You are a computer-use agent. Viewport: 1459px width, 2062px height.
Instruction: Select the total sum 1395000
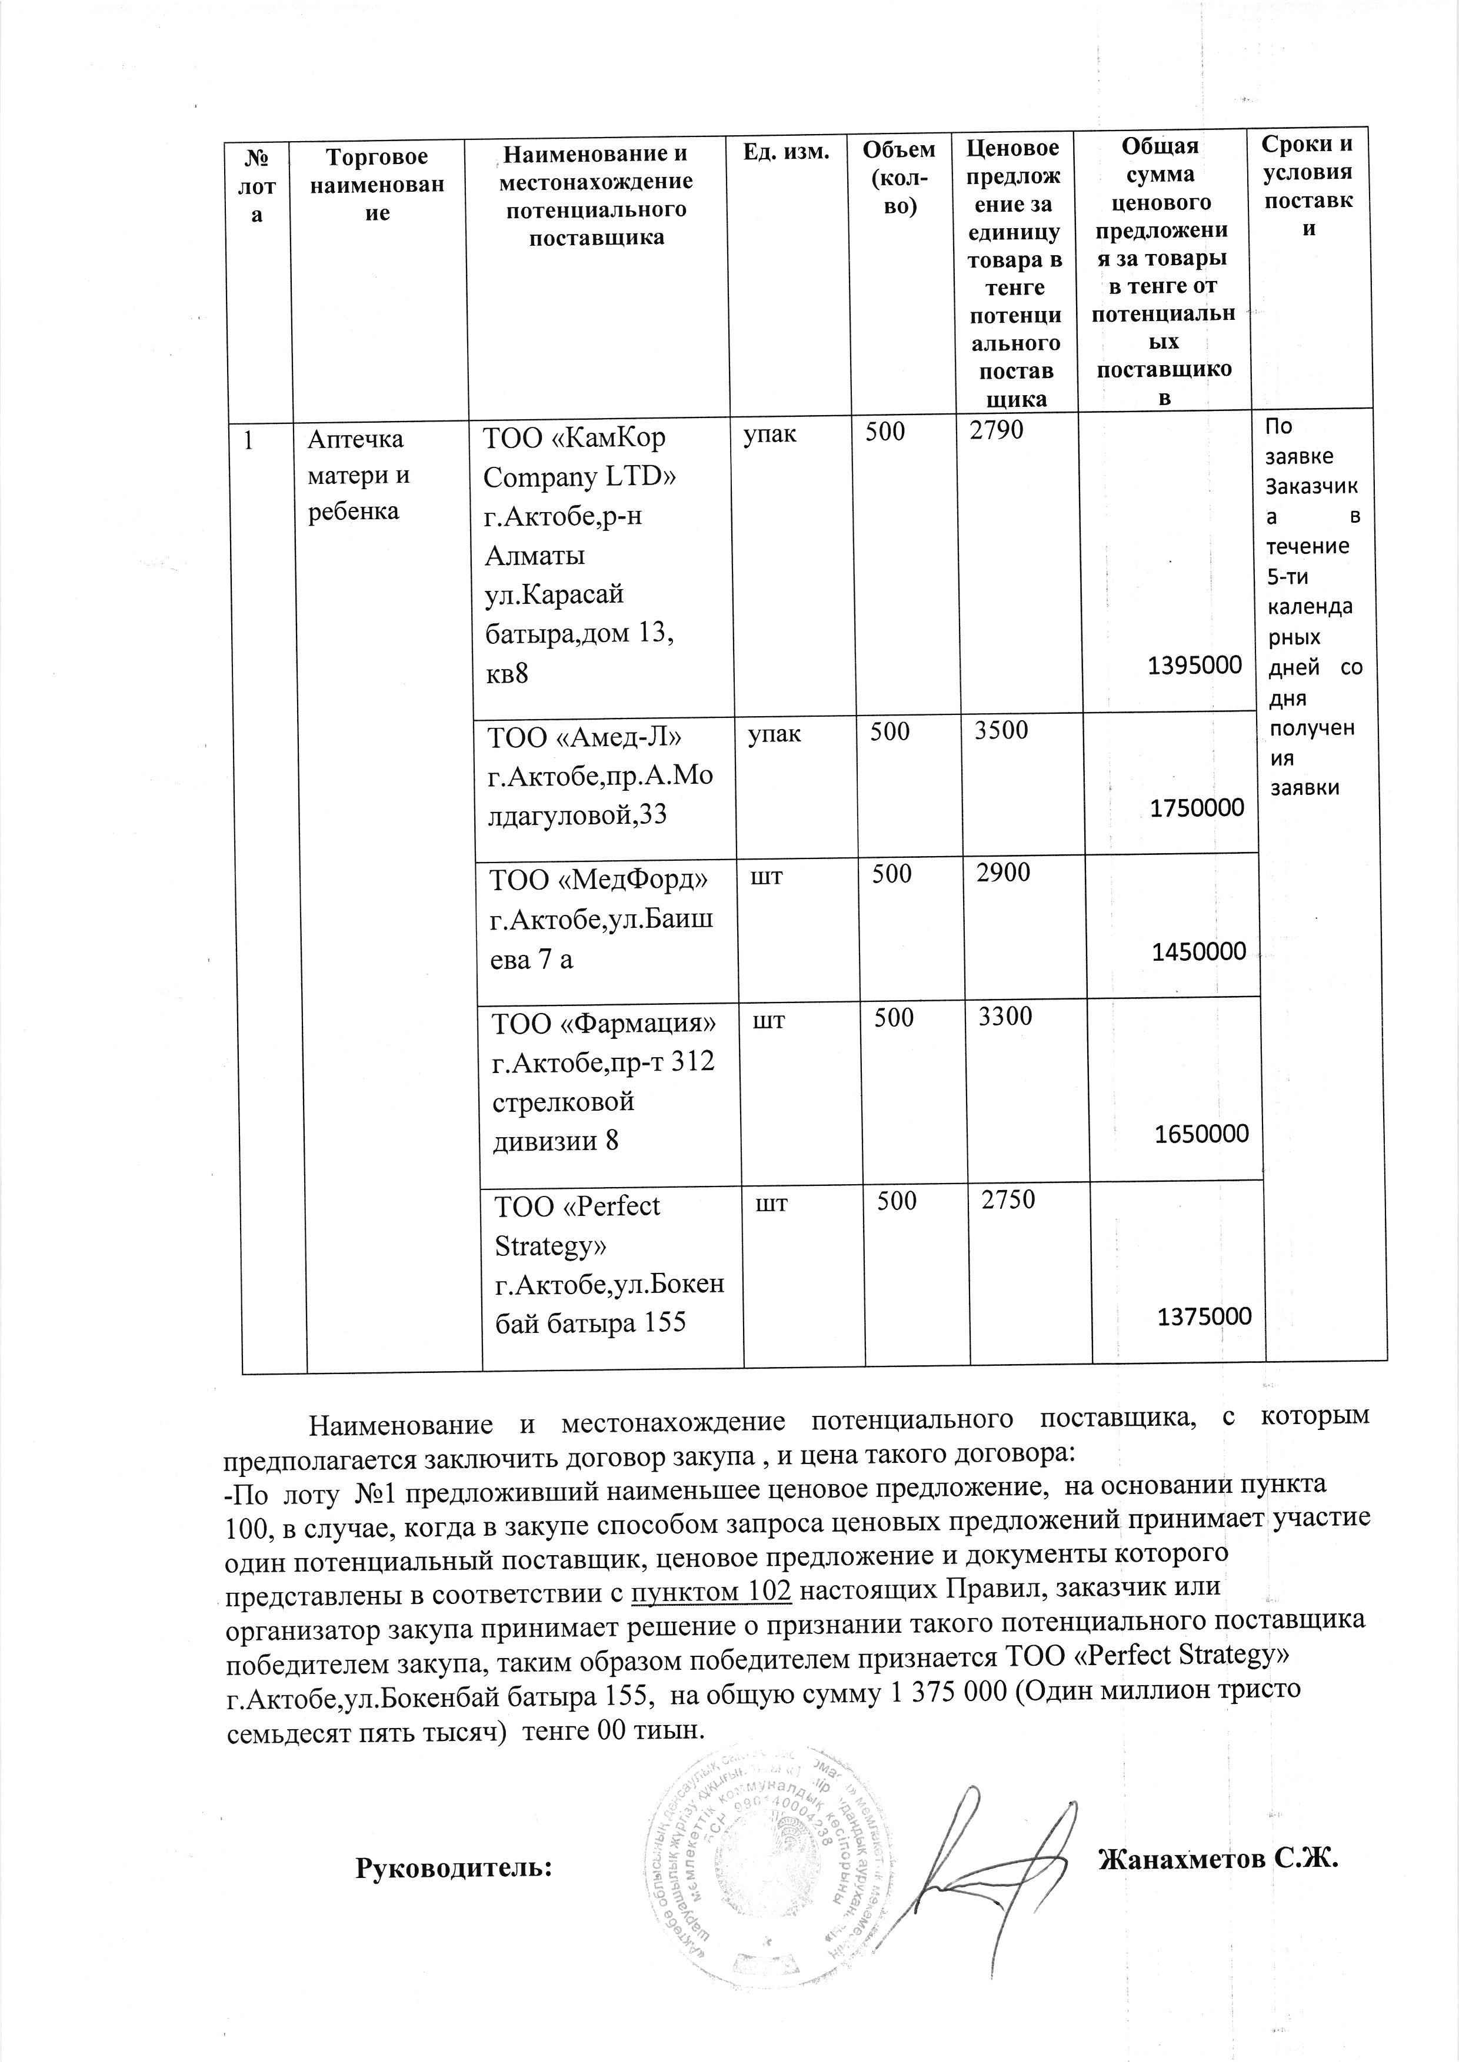point(1195,666)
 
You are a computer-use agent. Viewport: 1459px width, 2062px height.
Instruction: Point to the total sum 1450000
point(1200,951)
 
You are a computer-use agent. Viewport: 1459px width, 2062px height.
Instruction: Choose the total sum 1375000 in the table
point(1204,1316)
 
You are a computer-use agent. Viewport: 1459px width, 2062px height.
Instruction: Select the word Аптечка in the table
point(356,439)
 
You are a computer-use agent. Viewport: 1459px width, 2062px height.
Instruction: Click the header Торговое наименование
point(377,185)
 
